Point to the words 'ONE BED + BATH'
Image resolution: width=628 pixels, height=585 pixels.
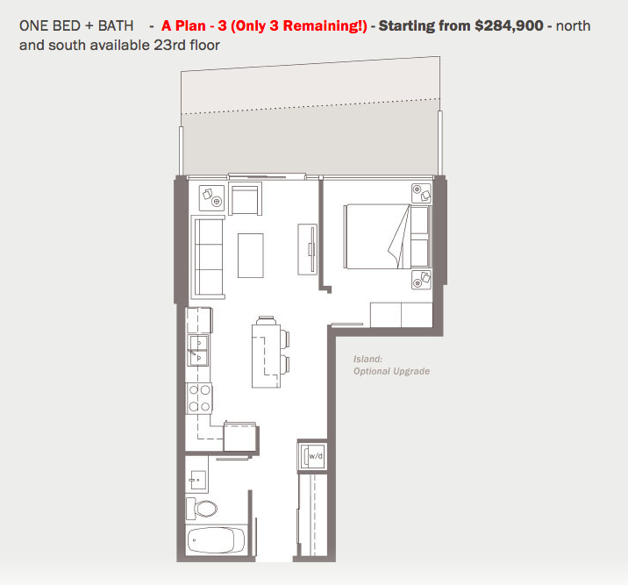[76, 26]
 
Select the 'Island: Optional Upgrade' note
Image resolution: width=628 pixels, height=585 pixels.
[391, 365]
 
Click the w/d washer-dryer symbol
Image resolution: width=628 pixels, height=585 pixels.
[314, 455]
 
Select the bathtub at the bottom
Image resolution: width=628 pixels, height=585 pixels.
[217, 539]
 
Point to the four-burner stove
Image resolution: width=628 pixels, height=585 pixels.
[200, 399]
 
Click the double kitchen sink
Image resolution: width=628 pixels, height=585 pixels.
[198, 350]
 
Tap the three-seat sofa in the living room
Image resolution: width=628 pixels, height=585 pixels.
[209, 256]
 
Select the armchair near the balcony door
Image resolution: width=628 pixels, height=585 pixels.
[246, 200]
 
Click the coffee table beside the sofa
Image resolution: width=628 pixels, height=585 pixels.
[251, 254]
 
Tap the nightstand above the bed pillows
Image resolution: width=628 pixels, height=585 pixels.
[421, 194]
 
